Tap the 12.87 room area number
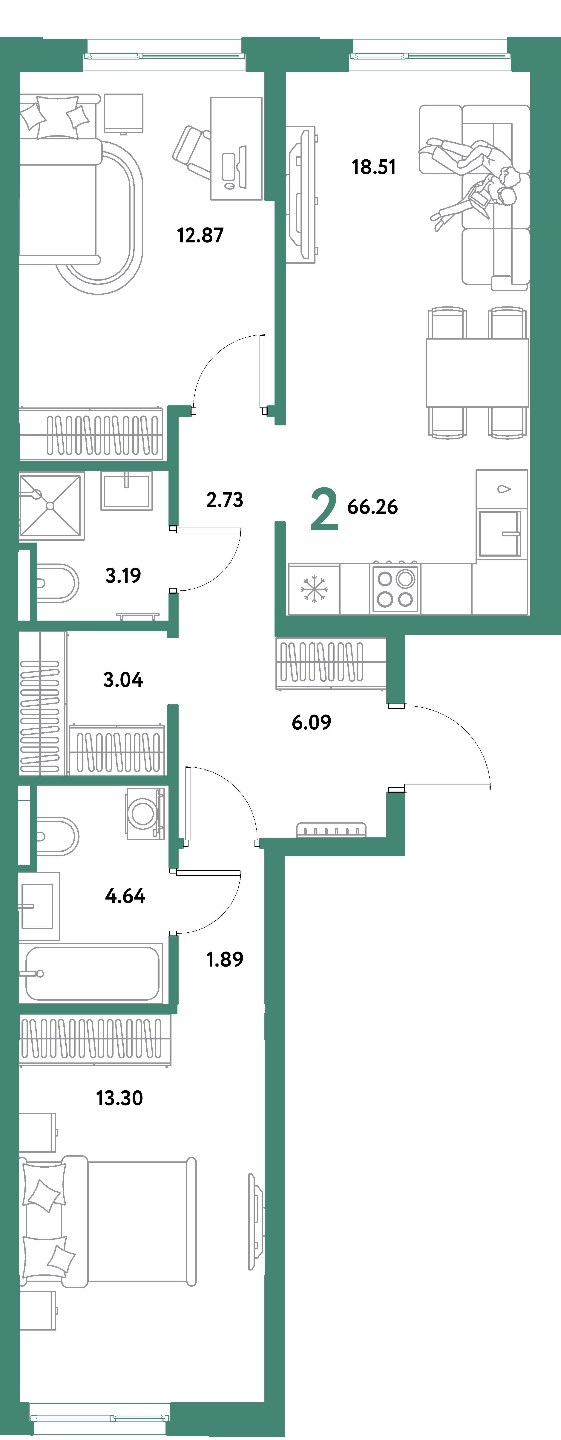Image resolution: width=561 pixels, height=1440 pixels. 200,235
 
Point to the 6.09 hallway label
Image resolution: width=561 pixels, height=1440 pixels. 311,722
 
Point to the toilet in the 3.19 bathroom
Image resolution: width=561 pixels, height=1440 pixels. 56,583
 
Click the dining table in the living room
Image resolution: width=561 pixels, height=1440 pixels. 477,372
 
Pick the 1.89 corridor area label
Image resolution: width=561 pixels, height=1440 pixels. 225,959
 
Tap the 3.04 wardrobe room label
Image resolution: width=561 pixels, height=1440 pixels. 123,680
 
